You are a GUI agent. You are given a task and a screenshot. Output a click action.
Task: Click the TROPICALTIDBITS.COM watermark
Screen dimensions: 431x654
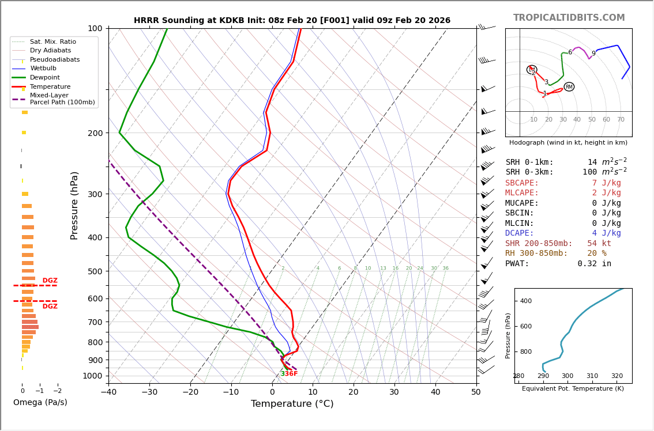(569, 18)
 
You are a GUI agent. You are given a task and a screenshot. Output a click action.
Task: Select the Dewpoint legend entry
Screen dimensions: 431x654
(45, 78)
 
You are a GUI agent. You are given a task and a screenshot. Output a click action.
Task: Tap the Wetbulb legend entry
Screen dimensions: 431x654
(43, 69)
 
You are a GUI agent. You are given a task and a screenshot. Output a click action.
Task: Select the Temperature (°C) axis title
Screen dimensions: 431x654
(292, 404)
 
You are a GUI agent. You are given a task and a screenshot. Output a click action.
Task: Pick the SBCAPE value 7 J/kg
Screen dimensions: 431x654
(598, 183)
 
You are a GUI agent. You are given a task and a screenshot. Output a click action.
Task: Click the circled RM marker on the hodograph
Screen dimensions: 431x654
(569, 87)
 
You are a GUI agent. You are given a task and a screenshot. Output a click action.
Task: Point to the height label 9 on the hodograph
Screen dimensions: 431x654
(593, 54)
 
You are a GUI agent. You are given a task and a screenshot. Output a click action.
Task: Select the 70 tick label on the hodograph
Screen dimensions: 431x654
(621, 120)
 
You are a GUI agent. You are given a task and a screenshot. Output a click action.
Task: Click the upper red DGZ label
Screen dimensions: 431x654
(50, 281)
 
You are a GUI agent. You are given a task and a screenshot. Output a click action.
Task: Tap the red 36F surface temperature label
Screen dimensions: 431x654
(291, 374)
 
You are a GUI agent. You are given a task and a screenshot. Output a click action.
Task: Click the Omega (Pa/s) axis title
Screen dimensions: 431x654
(40, 402)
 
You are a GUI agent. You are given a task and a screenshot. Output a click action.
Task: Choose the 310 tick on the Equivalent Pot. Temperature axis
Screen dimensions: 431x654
(592, 376)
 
